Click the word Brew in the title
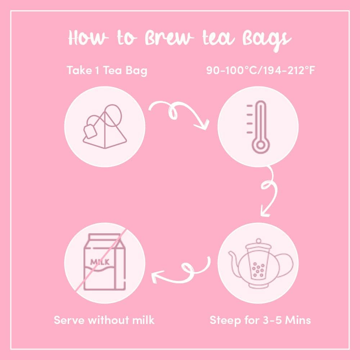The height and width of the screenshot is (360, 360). (x=170, y=37)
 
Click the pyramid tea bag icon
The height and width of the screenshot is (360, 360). (x=105, y=126)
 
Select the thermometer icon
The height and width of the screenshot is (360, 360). (x=258, y=127)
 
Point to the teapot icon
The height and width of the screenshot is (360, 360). (x=261, y=263)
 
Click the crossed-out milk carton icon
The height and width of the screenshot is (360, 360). (x=105, y=262)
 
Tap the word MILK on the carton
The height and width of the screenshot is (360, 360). (x=100, y=262)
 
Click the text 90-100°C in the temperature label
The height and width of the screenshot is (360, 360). (x=231, y=70)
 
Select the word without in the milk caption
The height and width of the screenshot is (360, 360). (x=108, y=320)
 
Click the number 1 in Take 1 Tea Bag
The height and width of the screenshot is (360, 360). (x=97, y=70)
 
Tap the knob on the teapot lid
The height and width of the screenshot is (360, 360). (x=258, y=241)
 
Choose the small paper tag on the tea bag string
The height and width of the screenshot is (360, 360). (x=90, y=131)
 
